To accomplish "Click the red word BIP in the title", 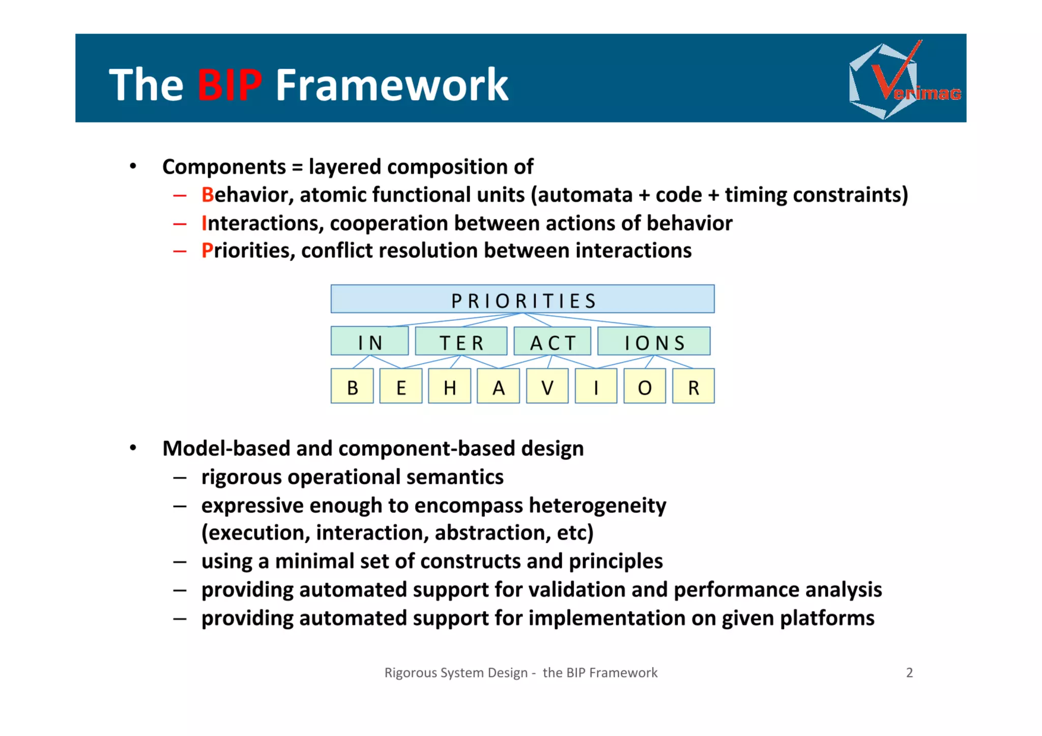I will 229,84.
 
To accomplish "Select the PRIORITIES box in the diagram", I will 523,300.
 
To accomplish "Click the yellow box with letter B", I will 352,387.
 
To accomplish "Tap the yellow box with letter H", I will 449,387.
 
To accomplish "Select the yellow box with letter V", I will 547,387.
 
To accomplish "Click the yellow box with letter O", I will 645,387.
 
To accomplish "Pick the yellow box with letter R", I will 693,387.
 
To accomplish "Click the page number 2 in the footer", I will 909,672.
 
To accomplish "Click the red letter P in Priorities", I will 207,251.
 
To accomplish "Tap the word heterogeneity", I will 597,506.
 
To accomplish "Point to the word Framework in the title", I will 392,84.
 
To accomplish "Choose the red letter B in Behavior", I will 207,195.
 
